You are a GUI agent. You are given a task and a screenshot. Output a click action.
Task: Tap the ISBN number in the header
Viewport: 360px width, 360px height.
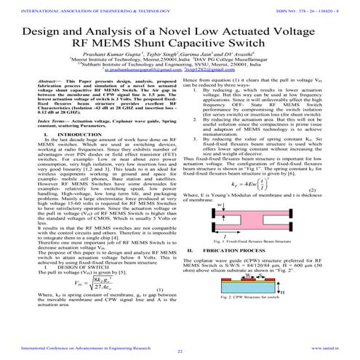click(x=321, y=9)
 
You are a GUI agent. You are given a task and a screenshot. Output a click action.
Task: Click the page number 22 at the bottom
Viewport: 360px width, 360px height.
click(x=180, y=351)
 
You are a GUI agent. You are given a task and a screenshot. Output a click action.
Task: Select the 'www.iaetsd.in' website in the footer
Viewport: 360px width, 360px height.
click(x=322, y=347)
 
